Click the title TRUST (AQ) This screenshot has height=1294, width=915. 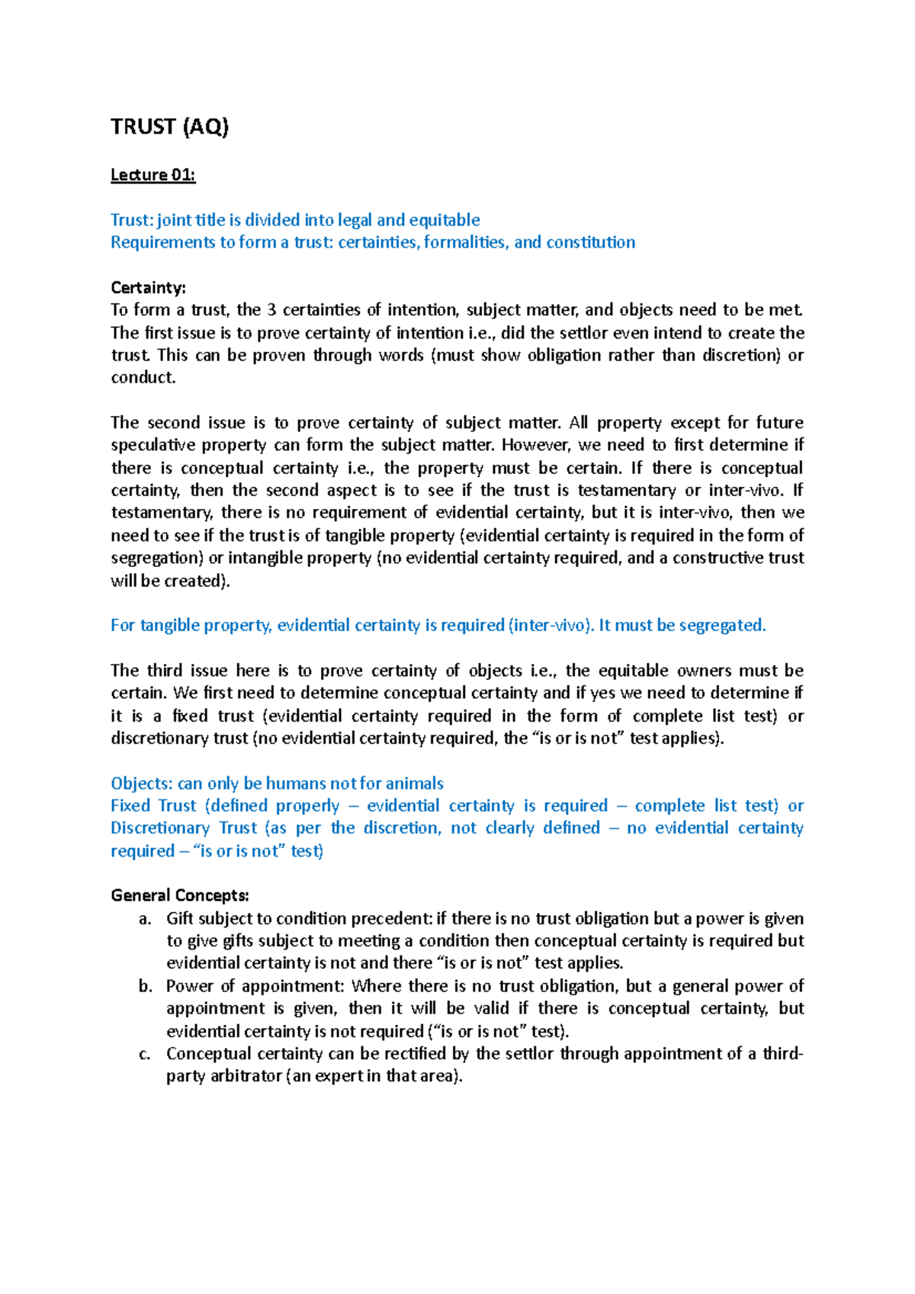coord(169,127)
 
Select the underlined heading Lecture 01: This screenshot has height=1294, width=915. coord(152,175)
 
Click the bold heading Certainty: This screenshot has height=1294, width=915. coord(148,287)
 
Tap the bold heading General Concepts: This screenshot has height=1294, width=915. coord(180,895)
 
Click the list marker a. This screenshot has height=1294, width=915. coord(144,918)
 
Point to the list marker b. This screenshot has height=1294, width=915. coord(145,986)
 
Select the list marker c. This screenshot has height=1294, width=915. coord(144,1054)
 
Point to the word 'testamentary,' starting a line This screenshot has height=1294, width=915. coord(161,513)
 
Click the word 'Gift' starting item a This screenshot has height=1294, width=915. coord(180,918)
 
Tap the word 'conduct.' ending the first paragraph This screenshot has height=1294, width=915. coord(143,378)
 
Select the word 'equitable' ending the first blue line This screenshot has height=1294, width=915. coord(444,220)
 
